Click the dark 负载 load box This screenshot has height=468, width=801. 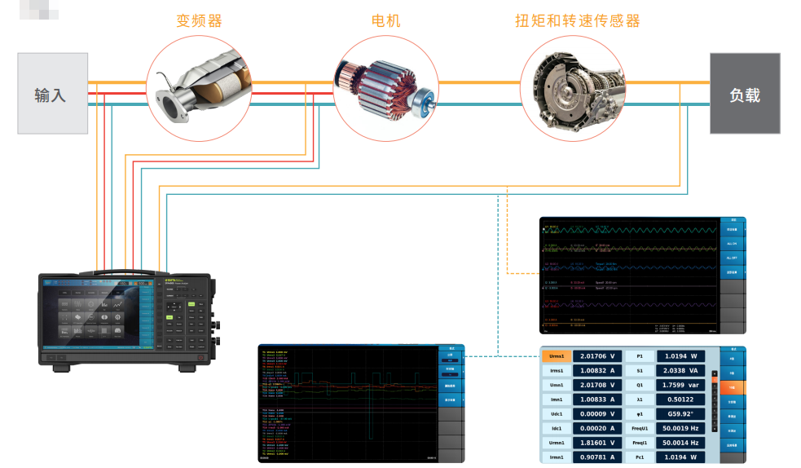(744, 94)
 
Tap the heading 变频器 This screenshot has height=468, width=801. (199, 21)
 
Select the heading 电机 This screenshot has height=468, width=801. (385, 21)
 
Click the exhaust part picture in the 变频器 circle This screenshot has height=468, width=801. (199, 88)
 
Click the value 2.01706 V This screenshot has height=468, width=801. (597, 356)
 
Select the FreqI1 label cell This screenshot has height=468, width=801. (641, 443)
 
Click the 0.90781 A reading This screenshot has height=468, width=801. (597, 457)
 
